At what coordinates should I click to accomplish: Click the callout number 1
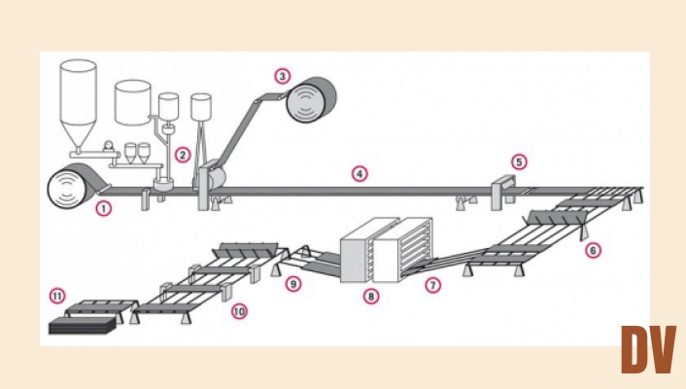pyautogui.click(x=104, y=207)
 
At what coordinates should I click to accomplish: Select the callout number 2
pyautogui.click(x=182, y=154)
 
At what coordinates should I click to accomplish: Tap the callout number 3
pyautogui.click(x=282, y=75)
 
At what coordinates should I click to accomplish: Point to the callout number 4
pyautogui.click(x=360, y=174)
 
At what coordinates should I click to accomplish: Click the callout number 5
pyautogui.click(x=519, y=161)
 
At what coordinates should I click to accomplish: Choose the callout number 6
pyautogui.click(x=593, y=250)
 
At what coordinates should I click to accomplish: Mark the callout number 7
pyautogui.click(x=433, y=287)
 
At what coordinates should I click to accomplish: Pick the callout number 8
pyautogui.click(x=370, y=295)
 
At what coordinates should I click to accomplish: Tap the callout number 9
pyautogui.click(x=293, y=284)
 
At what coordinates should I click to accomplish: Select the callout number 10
pyautogui.click(x=239, y=312)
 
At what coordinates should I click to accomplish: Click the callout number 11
pyautogui.click(x=57, y=295)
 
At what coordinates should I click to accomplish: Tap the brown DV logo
pyautogui.click(x=648, y=350)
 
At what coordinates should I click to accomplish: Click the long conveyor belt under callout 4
pyautogui.click(x=360, y=191)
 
